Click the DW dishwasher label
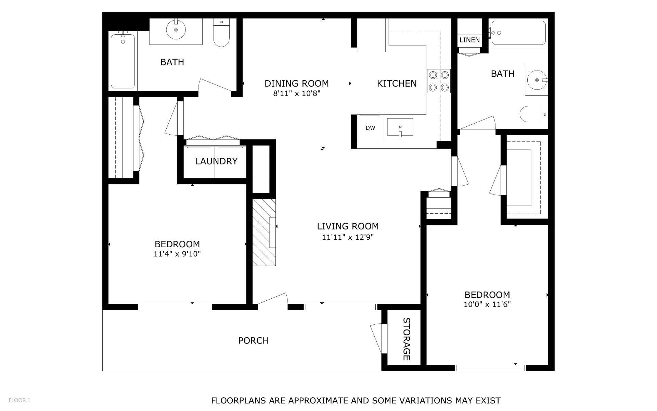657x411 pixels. (370, 128)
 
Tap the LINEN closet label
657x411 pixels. (469, 40)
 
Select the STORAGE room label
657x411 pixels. (406, 339)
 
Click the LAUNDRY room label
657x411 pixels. (216, 161)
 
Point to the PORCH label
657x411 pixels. (253, 340)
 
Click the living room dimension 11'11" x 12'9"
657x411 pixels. (348, 237)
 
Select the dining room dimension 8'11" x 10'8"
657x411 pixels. (296, 94)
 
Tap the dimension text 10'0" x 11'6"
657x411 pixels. (487, 304)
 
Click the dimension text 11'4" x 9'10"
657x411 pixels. (177, 254)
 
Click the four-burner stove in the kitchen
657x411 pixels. (438, 82)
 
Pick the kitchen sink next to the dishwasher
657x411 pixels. (400, 127)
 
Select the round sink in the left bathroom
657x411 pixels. (176, 30)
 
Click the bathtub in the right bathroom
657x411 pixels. (518, 33)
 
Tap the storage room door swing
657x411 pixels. (377, 338)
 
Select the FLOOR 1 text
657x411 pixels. (20, 400)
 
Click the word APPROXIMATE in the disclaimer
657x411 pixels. (316, 400)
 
